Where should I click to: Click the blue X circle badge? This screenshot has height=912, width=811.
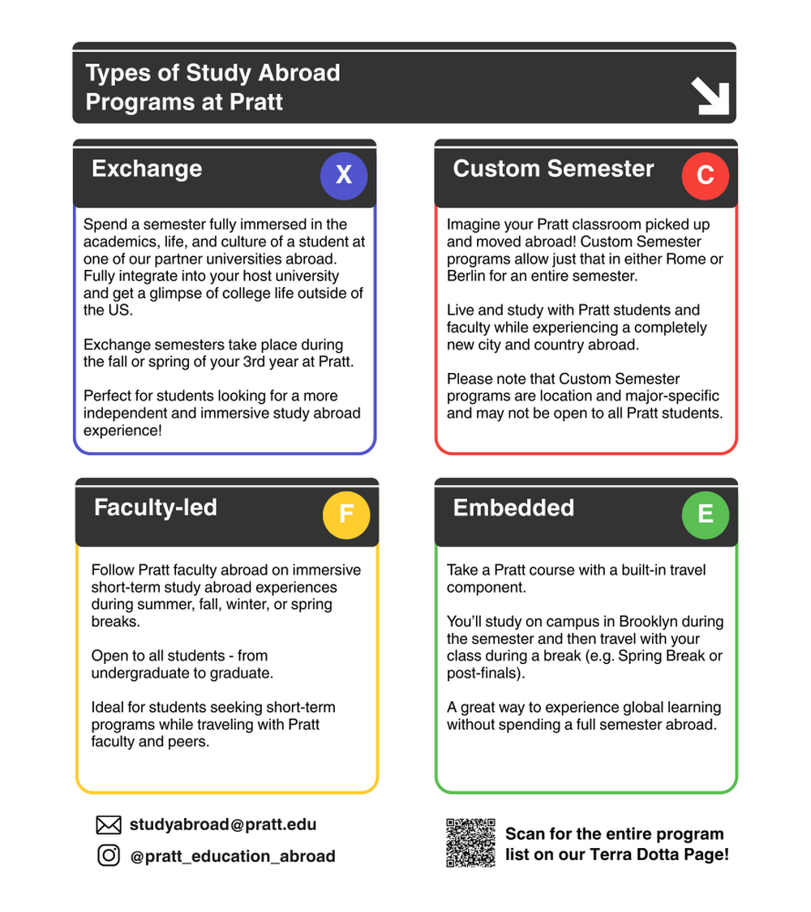pos(344,175)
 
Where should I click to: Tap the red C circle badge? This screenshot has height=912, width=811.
pos(705,175)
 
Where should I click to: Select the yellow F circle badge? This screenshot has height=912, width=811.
pos(346,514)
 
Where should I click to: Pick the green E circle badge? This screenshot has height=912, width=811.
pos(706,514)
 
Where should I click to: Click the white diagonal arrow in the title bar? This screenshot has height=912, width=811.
pos(710,97)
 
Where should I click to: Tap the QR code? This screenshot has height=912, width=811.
pos(470,843)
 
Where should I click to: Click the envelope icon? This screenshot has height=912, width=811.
pos(108,825)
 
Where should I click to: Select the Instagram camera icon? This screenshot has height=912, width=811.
pos(108,855)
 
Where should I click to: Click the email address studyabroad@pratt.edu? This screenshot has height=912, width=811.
pos(223,824)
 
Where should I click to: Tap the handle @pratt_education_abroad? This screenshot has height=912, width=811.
pos(233,856)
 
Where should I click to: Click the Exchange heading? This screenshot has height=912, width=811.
pos(147,169)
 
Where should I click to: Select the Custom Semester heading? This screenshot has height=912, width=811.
pos(553,169)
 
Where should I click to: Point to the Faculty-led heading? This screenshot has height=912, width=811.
pos(156,507)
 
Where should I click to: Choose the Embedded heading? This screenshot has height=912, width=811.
pos(513,507)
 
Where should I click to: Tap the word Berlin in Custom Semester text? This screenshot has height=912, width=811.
pos(466,276)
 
